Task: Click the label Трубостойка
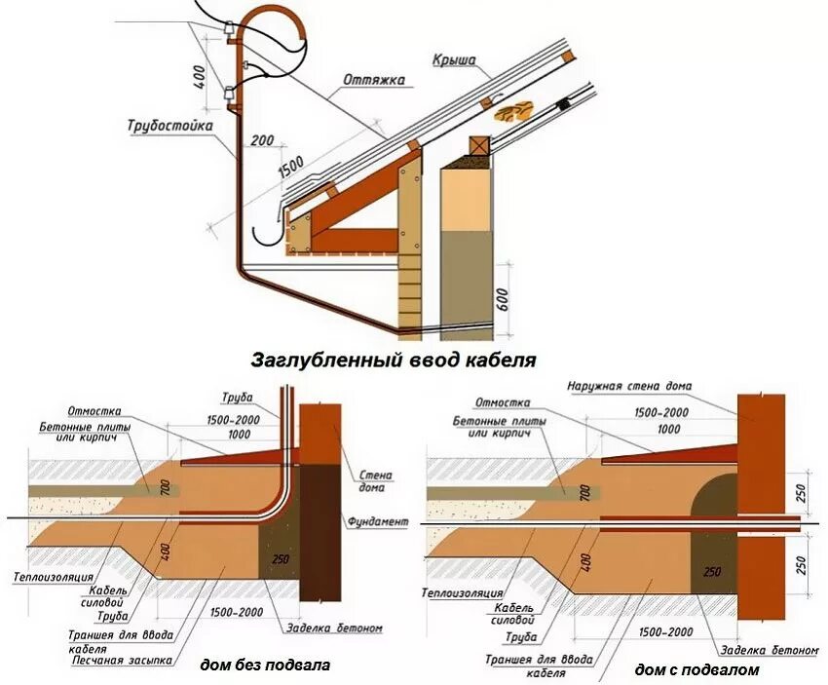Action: [169, 126]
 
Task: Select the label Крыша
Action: [454, 60]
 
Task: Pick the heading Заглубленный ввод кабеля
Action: [394, 360]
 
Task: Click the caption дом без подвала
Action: [265, 666]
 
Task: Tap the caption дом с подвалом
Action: [696, 669]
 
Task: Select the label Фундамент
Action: [376, 522]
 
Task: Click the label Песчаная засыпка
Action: [123, 660]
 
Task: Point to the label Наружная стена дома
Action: [629, 386]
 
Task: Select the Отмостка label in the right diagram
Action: [503, 402]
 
